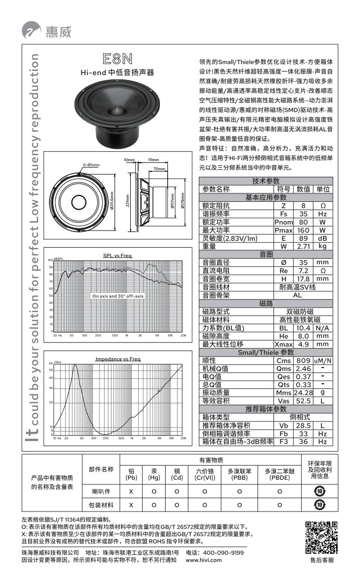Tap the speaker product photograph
(x=117, y=113)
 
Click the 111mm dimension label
(x=153, y=160)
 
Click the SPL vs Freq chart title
(x=117, y=255)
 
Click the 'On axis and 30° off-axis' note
(x=117, y=296)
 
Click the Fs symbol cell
(x=283, y=214)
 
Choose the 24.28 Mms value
(x=303, y=392)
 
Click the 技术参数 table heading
(x=266, y=180)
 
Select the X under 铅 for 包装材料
(x=131, y=505)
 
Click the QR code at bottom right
(x=320, y=538)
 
